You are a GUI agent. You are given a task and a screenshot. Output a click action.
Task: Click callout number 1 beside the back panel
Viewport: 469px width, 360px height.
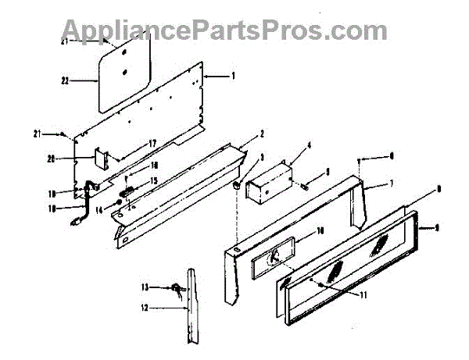pos(232,76)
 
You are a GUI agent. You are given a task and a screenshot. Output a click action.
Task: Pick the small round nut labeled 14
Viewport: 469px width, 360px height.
pos(117,204)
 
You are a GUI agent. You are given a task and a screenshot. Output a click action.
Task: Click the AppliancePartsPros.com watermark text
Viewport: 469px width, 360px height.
pos(224,30)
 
